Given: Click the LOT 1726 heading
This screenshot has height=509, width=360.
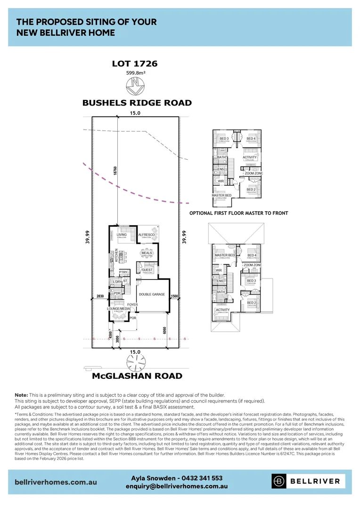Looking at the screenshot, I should [x=134, y=63].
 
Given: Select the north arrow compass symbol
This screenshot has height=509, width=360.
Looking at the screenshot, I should [x=136, y=87].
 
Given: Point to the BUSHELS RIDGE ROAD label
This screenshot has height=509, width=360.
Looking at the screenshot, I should [x=137, y=103].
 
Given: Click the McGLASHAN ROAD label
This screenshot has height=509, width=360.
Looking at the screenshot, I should [x=137, y=376].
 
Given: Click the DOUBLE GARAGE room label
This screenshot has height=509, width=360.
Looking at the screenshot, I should [x=152, y=294].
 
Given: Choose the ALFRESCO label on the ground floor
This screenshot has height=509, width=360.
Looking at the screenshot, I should [x=147, y=234].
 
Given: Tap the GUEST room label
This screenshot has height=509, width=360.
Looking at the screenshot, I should [x=147, y=270].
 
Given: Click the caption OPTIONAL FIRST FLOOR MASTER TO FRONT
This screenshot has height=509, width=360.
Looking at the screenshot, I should [x=238, y=213].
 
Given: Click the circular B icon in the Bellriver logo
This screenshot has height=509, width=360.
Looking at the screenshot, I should [x=279, y=481].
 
